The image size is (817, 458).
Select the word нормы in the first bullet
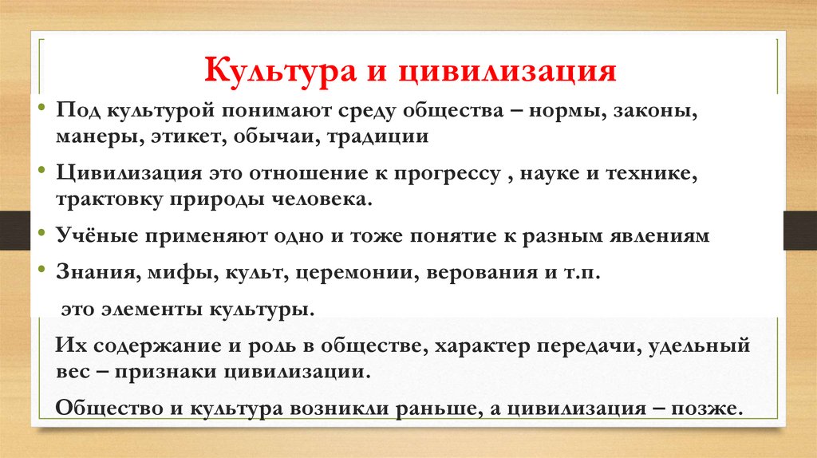(568, 112)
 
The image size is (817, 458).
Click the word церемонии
(356, 272)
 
